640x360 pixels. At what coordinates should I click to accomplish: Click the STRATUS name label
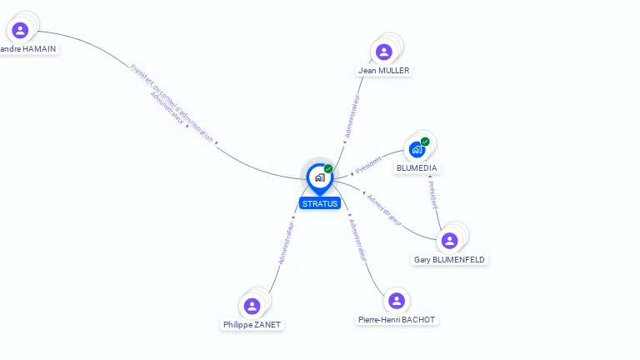pyautogui.click(x=320, y=203)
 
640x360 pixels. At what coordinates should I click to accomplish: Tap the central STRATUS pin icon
pyautogui.click(x=319, y=177)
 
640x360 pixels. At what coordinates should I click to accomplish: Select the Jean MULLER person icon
pyautogui.click(x=383, y=52)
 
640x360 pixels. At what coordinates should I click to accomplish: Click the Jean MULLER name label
pyautogui.click(x=384, y=71)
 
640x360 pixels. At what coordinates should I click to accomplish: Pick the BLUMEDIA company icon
pyautogui.click(x=417, y=150)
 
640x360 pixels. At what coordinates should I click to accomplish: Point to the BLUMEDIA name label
pyautogui.click(x=417, y=168)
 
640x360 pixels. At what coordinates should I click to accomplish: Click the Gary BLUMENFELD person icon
pyautogui.click(x=450, y=241)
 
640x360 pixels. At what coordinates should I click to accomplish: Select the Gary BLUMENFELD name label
pyautogui.click(x=450, y=260)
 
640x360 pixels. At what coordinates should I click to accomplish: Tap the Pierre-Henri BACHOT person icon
pyautogui.click(x=397, y=300)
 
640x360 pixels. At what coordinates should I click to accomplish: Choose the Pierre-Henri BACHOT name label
pyautogui.click(x=397, y=320)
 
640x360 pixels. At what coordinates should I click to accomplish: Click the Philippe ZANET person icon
pyautogui.click(x=252, y=306)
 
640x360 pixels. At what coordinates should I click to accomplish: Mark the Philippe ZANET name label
pyautogui.click(x=252, y=325)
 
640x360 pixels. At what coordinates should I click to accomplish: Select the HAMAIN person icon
pyautogui.click(x=20, y=30)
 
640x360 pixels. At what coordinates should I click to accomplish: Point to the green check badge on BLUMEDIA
pyautogui.click(x=425, y=142)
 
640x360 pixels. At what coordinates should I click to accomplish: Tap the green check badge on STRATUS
pyautogui.click(x=328, y=168)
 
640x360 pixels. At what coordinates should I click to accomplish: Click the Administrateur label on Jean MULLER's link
pyautogui.click(x=353, y=116)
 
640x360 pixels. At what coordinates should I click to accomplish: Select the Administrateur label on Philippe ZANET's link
pyautogui.click(x=286, y=243)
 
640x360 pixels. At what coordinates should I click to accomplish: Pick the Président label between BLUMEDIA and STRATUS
pyautogui.click(x=368, y=165)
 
